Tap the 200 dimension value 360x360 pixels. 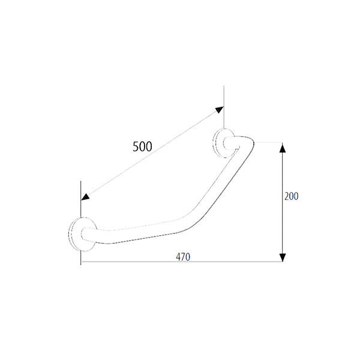click(x=292, y=196)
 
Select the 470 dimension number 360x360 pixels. click(x=183, y=257)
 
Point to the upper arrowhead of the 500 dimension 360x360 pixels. click(x=219, y=110)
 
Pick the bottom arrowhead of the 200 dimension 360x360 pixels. click(x=283, y=257)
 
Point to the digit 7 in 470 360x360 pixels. click(x=183, y=257)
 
